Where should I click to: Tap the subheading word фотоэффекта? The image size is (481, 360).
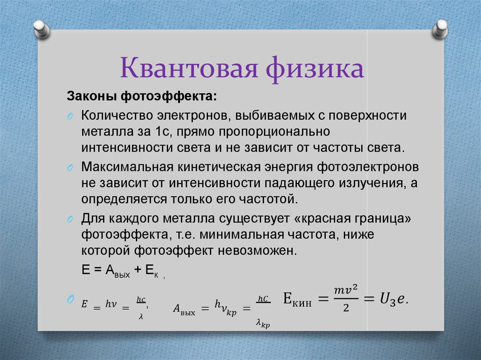[169, 96]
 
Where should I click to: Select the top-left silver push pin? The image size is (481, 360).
[42, 29]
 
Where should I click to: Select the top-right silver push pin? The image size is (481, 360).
[440, 29]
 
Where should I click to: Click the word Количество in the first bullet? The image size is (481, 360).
[117, 115]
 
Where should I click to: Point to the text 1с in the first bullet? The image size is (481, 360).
[162, 131]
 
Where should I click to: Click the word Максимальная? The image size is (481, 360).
[127, 167]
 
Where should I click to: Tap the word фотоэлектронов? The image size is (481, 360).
[368, 168]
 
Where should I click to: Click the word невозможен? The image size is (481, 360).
[257, 251]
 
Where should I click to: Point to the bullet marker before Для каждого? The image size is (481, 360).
[70, 219]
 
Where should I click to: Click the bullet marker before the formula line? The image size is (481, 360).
[70, 299]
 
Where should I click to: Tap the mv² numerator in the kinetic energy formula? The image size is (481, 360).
[346, 290]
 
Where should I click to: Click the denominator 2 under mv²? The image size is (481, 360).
[346, 307]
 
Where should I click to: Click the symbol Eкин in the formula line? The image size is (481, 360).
[297, 299]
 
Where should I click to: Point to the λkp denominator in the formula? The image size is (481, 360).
[263, 323]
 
